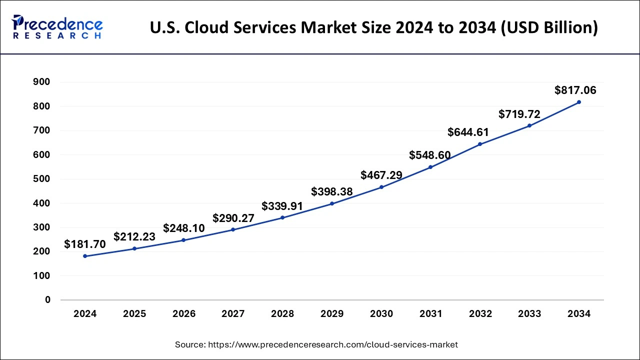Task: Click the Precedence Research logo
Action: (x=57, y=27)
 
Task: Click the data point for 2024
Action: (x=85, y=256)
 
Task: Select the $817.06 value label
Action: (x=575, y=90)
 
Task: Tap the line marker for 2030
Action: (x=381, y=187)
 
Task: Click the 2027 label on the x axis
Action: (x=233, y=314)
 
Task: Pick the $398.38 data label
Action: (x=332, y=191)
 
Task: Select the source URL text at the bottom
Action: (x=316, y=344)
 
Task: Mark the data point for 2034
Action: (x=579, y=102)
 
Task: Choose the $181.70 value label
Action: (x=85, y=244)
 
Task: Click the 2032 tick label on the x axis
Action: (x=480, y=314)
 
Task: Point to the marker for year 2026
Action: (x=183, y=240)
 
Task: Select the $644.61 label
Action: (x=468, y=132)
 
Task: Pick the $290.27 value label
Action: (x=233, y=218)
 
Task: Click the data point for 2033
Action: (x=529, y=125)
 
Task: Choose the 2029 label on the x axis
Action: (x=332, y=314)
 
